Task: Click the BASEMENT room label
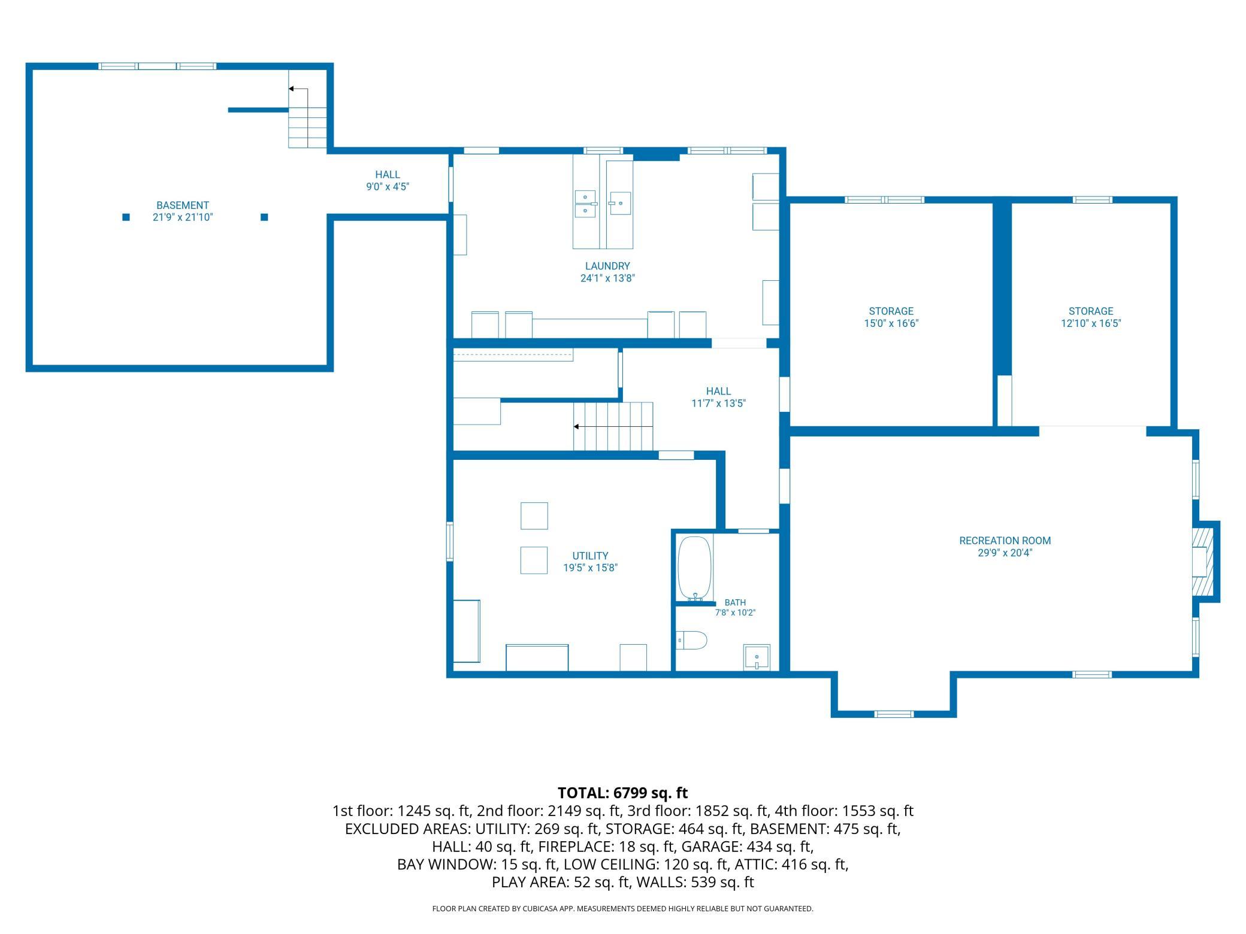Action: pos(183,205)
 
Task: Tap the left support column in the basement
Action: pos(126,217)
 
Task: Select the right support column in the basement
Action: pos(264,217)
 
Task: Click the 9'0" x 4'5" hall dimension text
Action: pos(388,187)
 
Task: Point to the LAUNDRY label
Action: pos(607,266)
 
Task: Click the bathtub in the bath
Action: pos(695,568)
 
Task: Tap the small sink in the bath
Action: pos(757,657)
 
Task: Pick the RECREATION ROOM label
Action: pos(1005,541)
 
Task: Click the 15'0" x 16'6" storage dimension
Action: pos(891,323)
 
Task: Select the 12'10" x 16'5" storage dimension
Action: pos(1091,323)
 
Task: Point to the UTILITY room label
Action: pos(590,556)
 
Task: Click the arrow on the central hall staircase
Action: pos(613,426)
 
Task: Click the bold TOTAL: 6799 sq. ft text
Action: pos(623,793)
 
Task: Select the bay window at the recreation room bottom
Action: pos(894,714)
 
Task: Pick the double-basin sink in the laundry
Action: pos(585,204)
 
